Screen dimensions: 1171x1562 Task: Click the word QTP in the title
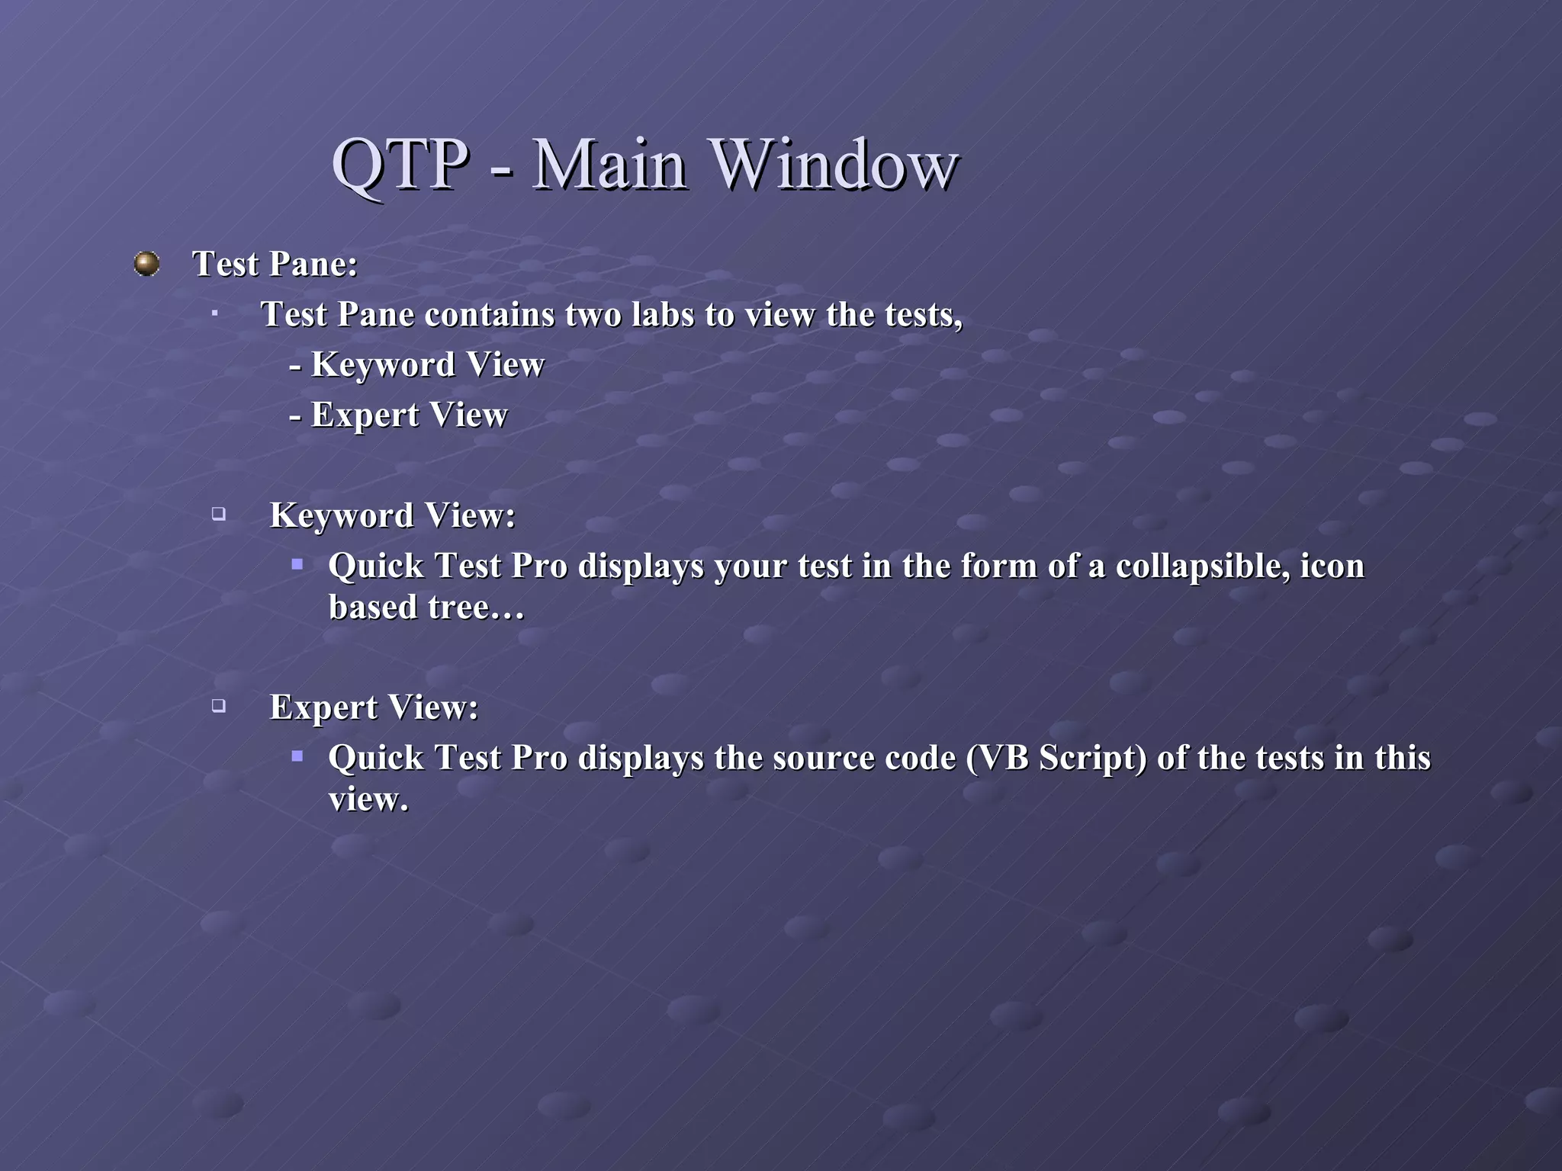coord(400,165)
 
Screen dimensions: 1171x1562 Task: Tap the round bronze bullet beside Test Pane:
coord(146,264)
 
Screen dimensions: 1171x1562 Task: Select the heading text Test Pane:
coord(275,265)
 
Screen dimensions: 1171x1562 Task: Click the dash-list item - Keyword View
coord(416,364)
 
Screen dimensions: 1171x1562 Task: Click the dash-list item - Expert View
coord(398,415)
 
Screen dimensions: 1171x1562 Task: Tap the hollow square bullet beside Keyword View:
coord(219,514)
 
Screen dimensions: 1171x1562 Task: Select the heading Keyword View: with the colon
coord(392,515)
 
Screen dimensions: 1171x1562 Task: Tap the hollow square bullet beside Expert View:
coord(219,706)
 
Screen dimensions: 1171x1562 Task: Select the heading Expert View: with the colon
coord(374,707)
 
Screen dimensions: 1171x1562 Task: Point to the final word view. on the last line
coord(368,800)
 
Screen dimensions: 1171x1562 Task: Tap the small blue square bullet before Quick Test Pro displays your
coord(297,565)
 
